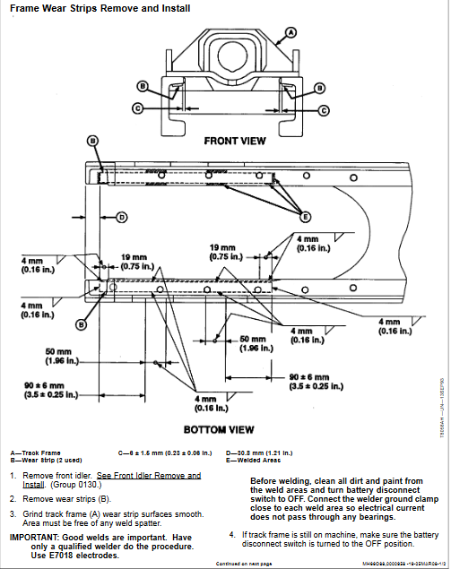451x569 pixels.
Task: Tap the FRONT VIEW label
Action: pyautogui.click(x=234, y=141)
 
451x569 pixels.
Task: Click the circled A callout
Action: pyautogui.click(x=290, y=33)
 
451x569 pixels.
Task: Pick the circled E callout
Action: pyautogui.click(x=305, y=217)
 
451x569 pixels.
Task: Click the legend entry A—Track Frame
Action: pyautogui.click(x=37, y=453)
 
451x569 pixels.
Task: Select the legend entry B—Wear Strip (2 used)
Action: pyautogui.click(x=45, y=459)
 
